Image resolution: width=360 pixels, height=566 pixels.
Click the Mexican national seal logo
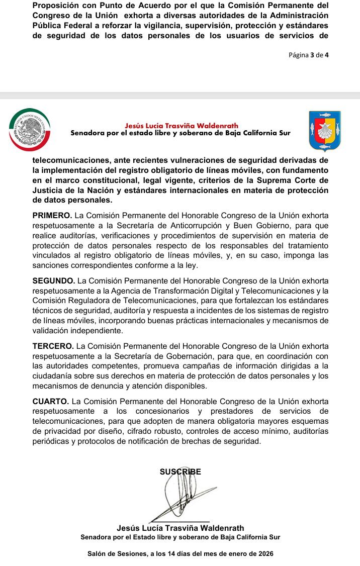click(x=30, y=130)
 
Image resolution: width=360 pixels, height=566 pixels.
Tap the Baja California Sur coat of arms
click(x=325, y=131)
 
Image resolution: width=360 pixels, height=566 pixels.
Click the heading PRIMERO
click(x=52, y=216)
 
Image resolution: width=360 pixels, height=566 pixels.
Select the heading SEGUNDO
click(x=54, y=280)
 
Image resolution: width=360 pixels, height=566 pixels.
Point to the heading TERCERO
click(x=53, y=346)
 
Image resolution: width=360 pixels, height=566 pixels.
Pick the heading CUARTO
click(x=51, y=401)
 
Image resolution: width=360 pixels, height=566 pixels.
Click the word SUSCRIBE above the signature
click(x=180, y=472)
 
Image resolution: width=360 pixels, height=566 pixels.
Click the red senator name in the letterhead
click(x=182, y=126)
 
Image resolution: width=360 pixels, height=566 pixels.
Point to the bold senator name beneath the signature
click(x=180, y=528)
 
